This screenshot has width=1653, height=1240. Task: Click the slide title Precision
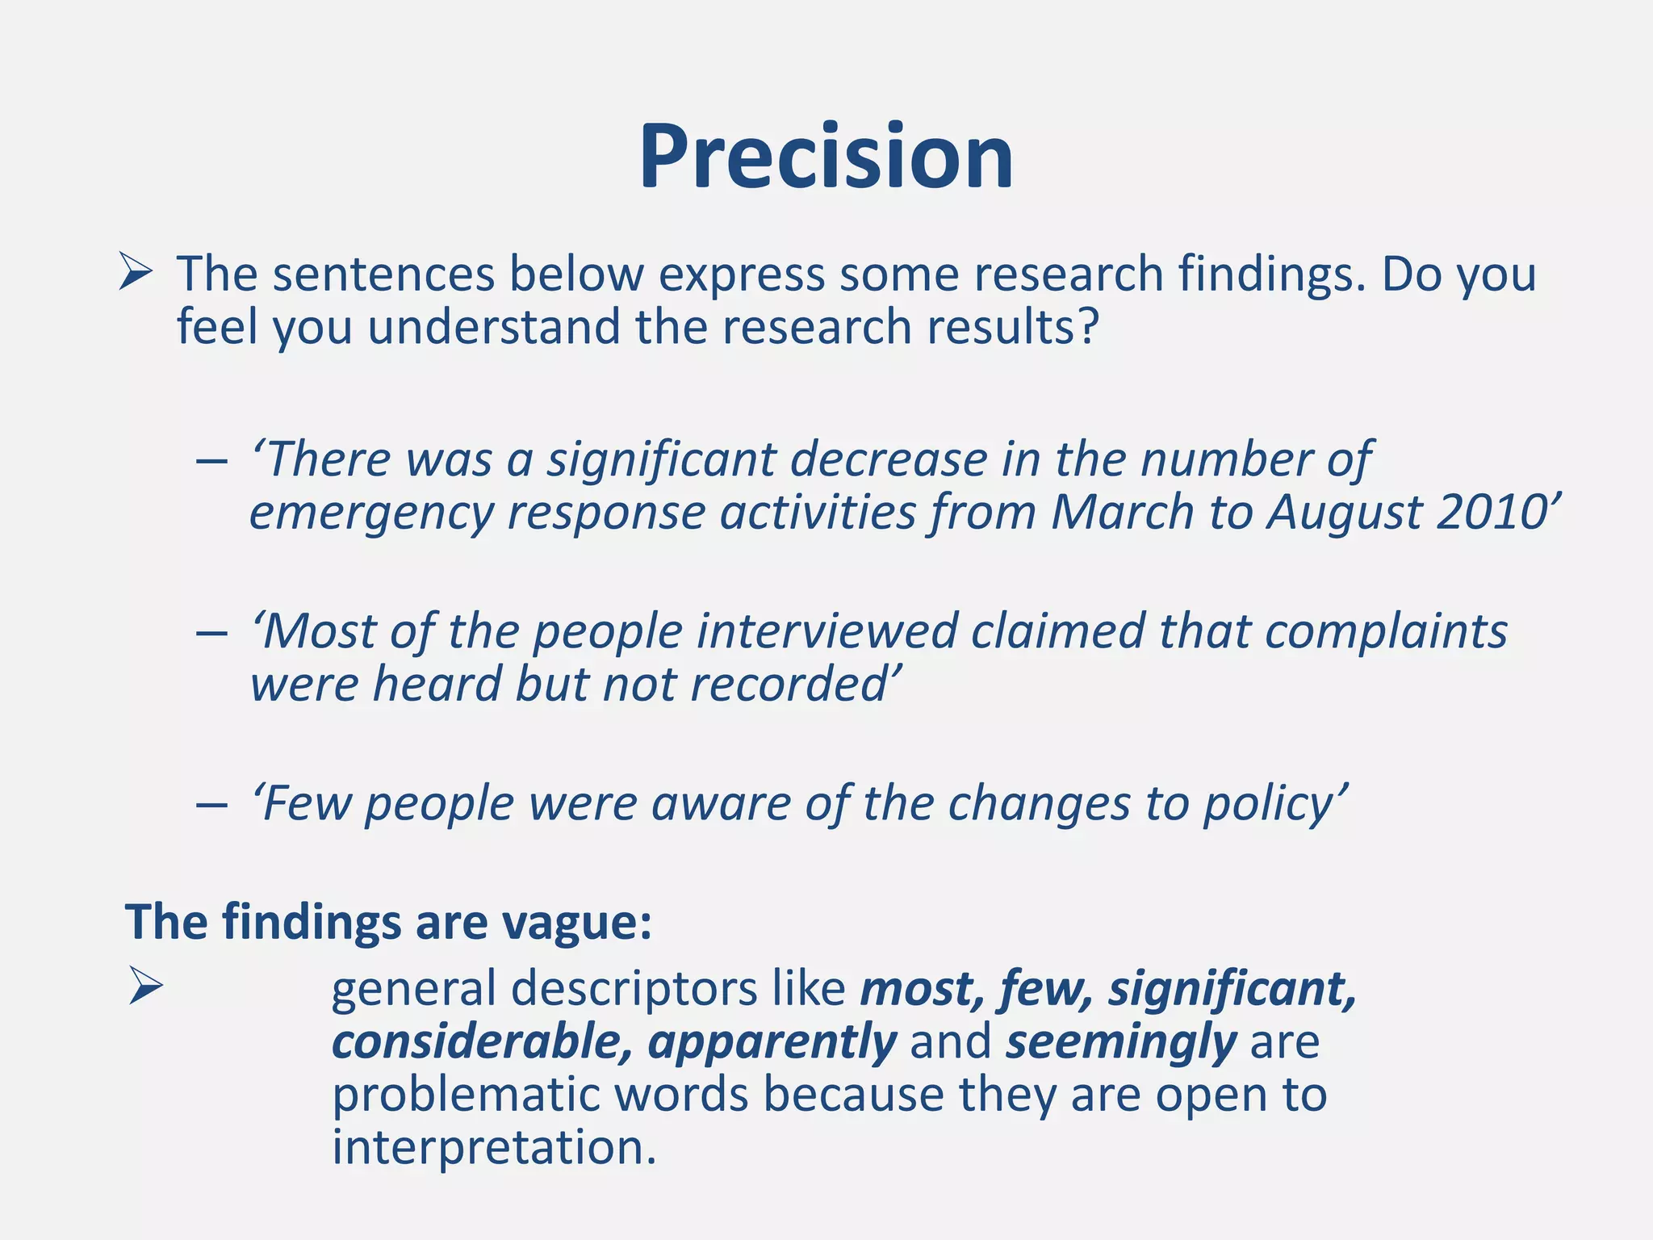826,157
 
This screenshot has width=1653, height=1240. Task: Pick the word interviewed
826,631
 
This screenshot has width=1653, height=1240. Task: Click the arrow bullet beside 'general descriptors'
145,987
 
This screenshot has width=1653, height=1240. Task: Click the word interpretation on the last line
493,1148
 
